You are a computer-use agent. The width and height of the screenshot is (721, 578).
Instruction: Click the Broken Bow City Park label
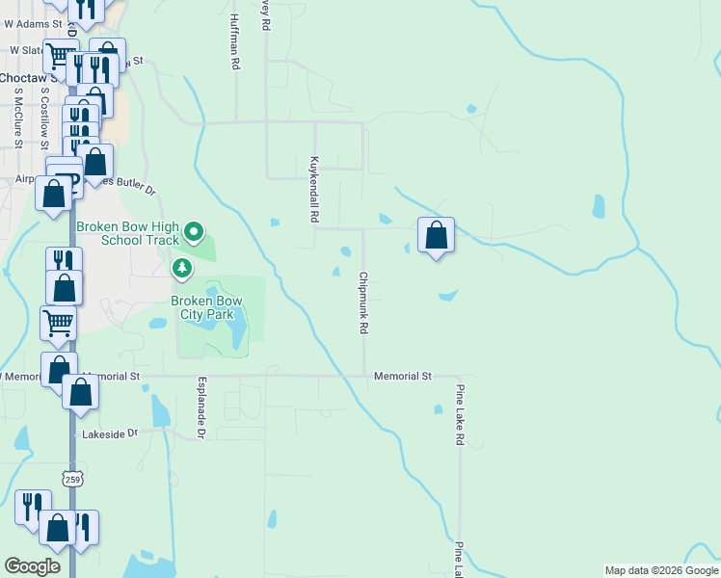tap(206, 306)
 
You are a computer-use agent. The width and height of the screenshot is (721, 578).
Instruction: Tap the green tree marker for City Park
tap(181, 266)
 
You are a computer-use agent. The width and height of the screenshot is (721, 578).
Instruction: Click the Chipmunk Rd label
tap(363, 302)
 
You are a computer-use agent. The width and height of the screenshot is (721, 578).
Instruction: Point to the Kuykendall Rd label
tap(313, 190)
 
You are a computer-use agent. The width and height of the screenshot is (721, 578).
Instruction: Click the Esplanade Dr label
tap(202, 408)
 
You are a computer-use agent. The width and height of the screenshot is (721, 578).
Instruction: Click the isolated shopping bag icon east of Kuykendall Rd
tap(437, 234)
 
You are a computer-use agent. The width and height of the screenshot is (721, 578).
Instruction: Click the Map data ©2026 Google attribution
tap(660, 570)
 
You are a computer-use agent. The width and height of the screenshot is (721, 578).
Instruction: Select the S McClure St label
tap(17, 116)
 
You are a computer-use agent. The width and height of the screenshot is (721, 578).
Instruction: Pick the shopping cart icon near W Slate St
tap(62, 56)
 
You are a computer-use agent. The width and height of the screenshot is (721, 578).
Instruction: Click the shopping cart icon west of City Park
tap(59, 323)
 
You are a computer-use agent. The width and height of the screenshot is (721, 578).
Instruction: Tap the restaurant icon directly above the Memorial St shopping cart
tap(64, 261)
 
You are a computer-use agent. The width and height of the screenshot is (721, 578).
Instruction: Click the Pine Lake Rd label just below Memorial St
tap(460, 414)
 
